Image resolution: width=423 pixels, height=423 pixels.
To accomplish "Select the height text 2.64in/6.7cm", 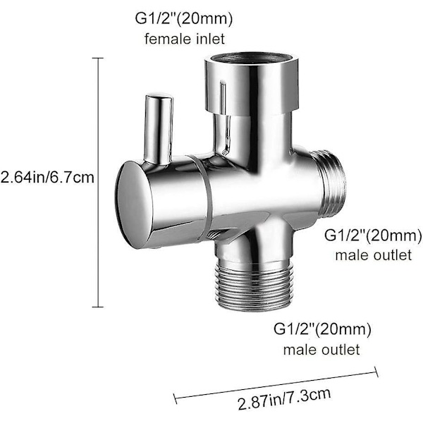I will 47,178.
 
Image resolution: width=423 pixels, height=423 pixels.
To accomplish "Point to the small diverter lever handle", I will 159,127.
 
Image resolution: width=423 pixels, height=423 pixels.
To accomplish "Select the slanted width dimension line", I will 275,386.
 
